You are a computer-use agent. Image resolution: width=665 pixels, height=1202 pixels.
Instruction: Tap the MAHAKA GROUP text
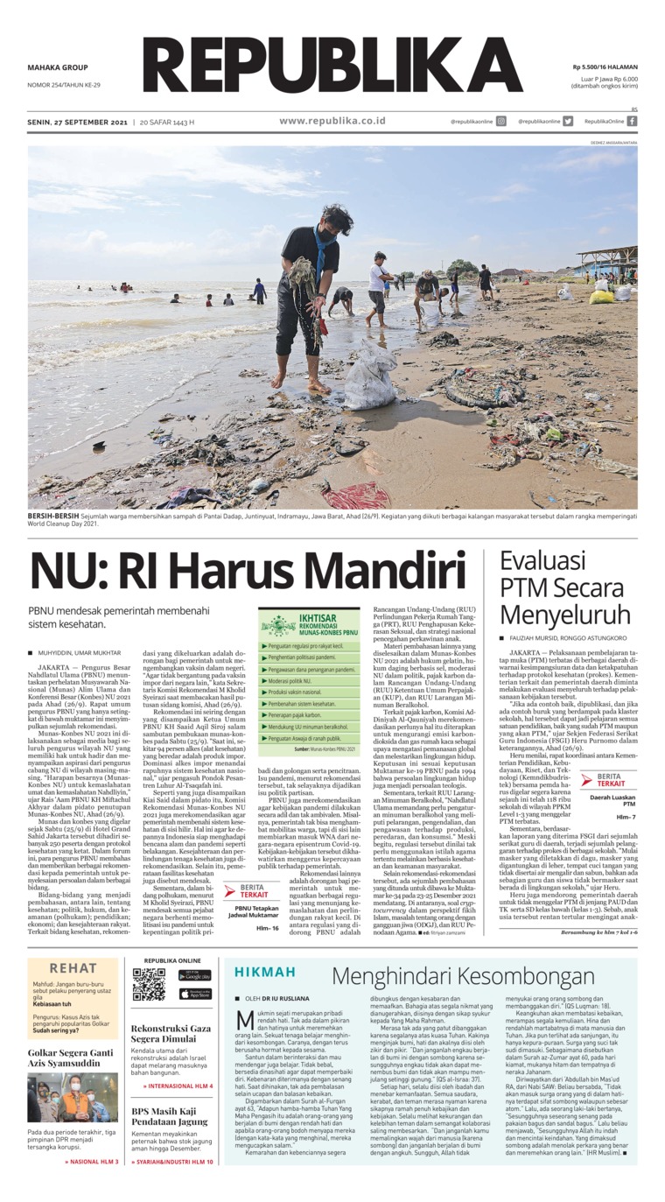[58, 67]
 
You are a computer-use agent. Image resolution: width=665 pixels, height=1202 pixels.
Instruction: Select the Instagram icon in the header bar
[501, 122]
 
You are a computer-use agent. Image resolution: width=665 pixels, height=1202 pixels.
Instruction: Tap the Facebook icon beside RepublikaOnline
[632, 122]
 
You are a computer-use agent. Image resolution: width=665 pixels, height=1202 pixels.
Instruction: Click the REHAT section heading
[73, 969]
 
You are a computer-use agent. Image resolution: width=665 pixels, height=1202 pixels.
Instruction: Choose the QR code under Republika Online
[148, 984]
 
